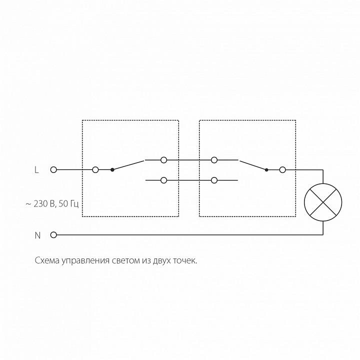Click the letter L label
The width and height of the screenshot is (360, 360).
pyautogui.click(x=36, y=170)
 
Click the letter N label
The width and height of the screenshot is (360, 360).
pyautogui.click(x=37, y=235)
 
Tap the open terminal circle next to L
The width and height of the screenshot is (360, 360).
pyautogui.click(x=53, y=170)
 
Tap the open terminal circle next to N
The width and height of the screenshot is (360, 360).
pyautogui.click(x=53, y=235)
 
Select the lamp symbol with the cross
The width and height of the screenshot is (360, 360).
pyautogui.click(x=323, y=202)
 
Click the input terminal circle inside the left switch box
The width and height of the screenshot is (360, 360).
pyautogui.click(x=95, y=170)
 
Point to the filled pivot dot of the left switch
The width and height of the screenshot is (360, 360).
pyautogui.click(x=112, y=170)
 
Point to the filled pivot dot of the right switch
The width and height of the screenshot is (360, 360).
pyautogui.click(x=266, y=170)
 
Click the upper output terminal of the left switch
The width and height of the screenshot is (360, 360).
pyautogui.click(x=163, y=160)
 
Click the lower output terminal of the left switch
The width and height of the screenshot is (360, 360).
pyautogui.click(x=163, y=180)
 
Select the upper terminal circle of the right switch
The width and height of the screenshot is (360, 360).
pyautogui.click(x=214, y=160)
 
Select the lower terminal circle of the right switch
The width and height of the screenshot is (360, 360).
pyautogui.click(x=214, y=180)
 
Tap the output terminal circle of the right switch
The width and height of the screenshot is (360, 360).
pyautogui.click(x=282, y=170)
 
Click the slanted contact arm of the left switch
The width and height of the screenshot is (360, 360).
pyautogui.click(x=128, y=165)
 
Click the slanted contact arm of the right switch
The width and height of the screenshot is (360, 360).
pyautogui.click(x=253, y=165)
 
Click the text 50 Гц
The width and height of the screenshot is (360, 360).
pyautogui.click(x=69, y=204)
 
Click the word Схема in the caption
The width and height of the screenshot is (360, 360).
pyautogui.click(x=47, y=260)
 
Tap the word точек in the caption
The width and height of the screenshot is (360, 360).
pyautogui.click(x=185, y=261)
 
